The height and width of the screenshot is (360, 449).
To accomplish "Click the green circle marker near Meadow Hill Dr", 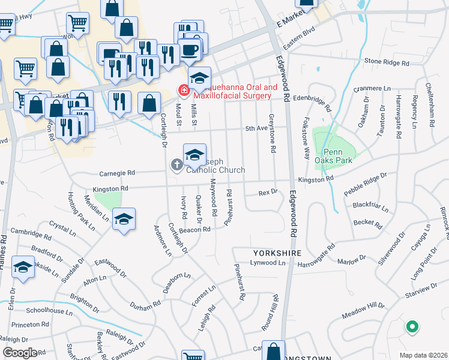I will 412,327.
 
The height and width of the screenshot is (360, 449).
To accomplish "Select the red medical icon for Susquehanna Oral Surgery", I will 184,91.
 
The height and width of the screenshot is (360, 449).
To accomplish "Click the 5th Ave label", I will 256,128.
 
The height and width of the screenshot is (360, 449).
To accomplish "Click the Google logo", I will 19,353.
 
